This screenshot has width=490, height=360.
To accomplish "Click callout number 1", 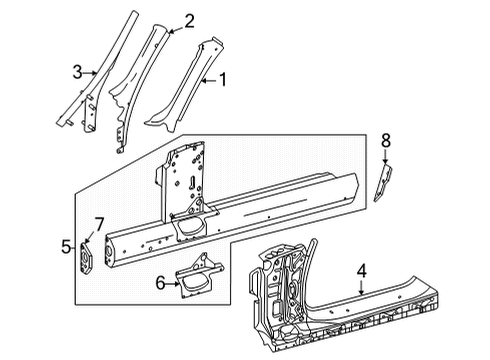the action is pyautogui.click(x=223, y=80).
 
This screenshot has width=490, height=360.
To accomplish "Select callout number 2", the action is pyautogui.click(x=189, y=22).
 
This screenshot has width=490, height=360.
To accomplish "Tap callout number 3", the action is pyautogui.click(x=77, y=72).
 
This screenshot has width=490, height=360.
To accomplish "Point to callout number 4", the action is pyautogui.click(x=362, y=271).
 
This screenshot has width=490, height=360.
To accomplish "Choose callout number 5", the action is pyautogui.click(x=66, y=247).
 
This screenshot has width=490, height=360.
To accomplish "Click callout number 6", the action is pyautogui.click(x=161, y=284).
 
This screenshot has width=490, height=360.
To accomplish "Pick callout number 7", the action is pyautogui.click(x=99, y=224).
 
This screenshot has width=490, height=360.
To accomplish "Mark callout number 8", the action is pyautogui.click(x=386, y=141).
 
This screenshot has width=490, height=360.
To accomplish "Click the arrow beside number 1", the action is pyautogui.click(x=210, y=80).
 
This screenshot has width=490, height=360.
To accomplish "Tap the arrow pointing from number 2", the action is pyautogui.click(x=176, y=31).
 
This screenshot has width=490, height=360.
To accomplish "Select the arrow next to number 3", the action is pyautogui.click(x=90, y=72).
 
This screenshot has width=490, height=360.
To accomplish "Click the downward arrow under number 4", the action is pyautogui.click(x=362, y=287).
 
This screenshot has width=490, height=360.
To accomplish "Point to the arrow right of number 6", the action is pyautogui.click(x=173, y=284).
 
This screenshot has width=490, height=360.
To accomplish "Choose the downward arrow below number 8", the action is pyautogui.click(x=386, y=156).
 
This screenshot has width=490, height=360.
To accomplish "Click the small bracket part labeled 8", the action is pyautogui.click(x=383, y=183).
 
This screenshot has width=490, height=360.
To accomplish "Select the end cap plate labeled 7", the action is pyautogui.click(x=86, y=258).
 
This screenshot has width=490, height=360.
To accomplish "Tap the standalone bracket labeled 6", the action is pyautogui.click(x=199, y=276).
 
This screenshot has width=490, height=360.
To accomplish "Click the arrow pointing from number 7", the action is pyautogui.click(x=90, y=236).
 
